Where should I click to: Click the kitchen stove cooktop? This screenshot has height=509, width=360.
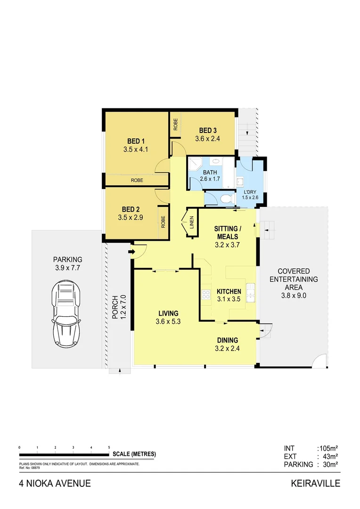pyautogui.click(x=206, y=295)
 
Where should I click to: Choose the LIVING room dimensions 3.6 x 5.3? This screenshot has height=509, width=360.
pyautogui.click(x=168, y=322)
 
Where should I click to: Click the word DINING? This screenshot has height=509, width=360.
pyautogui.click(x=228, y=340)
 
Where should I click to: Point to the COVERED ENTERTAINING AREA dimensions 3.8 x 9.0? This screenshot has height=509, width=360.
pyautogui.click(x=294, y=296)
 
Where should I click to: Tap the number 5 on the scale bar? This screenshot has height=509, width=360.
pyautogui.click(x=109, y=447)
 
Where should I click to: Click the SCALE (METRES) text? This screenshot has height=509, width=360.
pyautogui.click(x=134, y=454)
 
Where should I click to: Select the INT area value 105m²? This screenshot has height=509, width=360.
pyautogui.click(x=329, y=448)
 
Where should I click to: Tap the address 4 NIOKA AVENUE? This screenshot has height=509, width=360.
pyautogui.click(x=55, y=484)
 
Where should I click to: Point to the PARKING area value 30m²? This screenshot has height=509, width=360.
pyautogui.click(x=329, y=464)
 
